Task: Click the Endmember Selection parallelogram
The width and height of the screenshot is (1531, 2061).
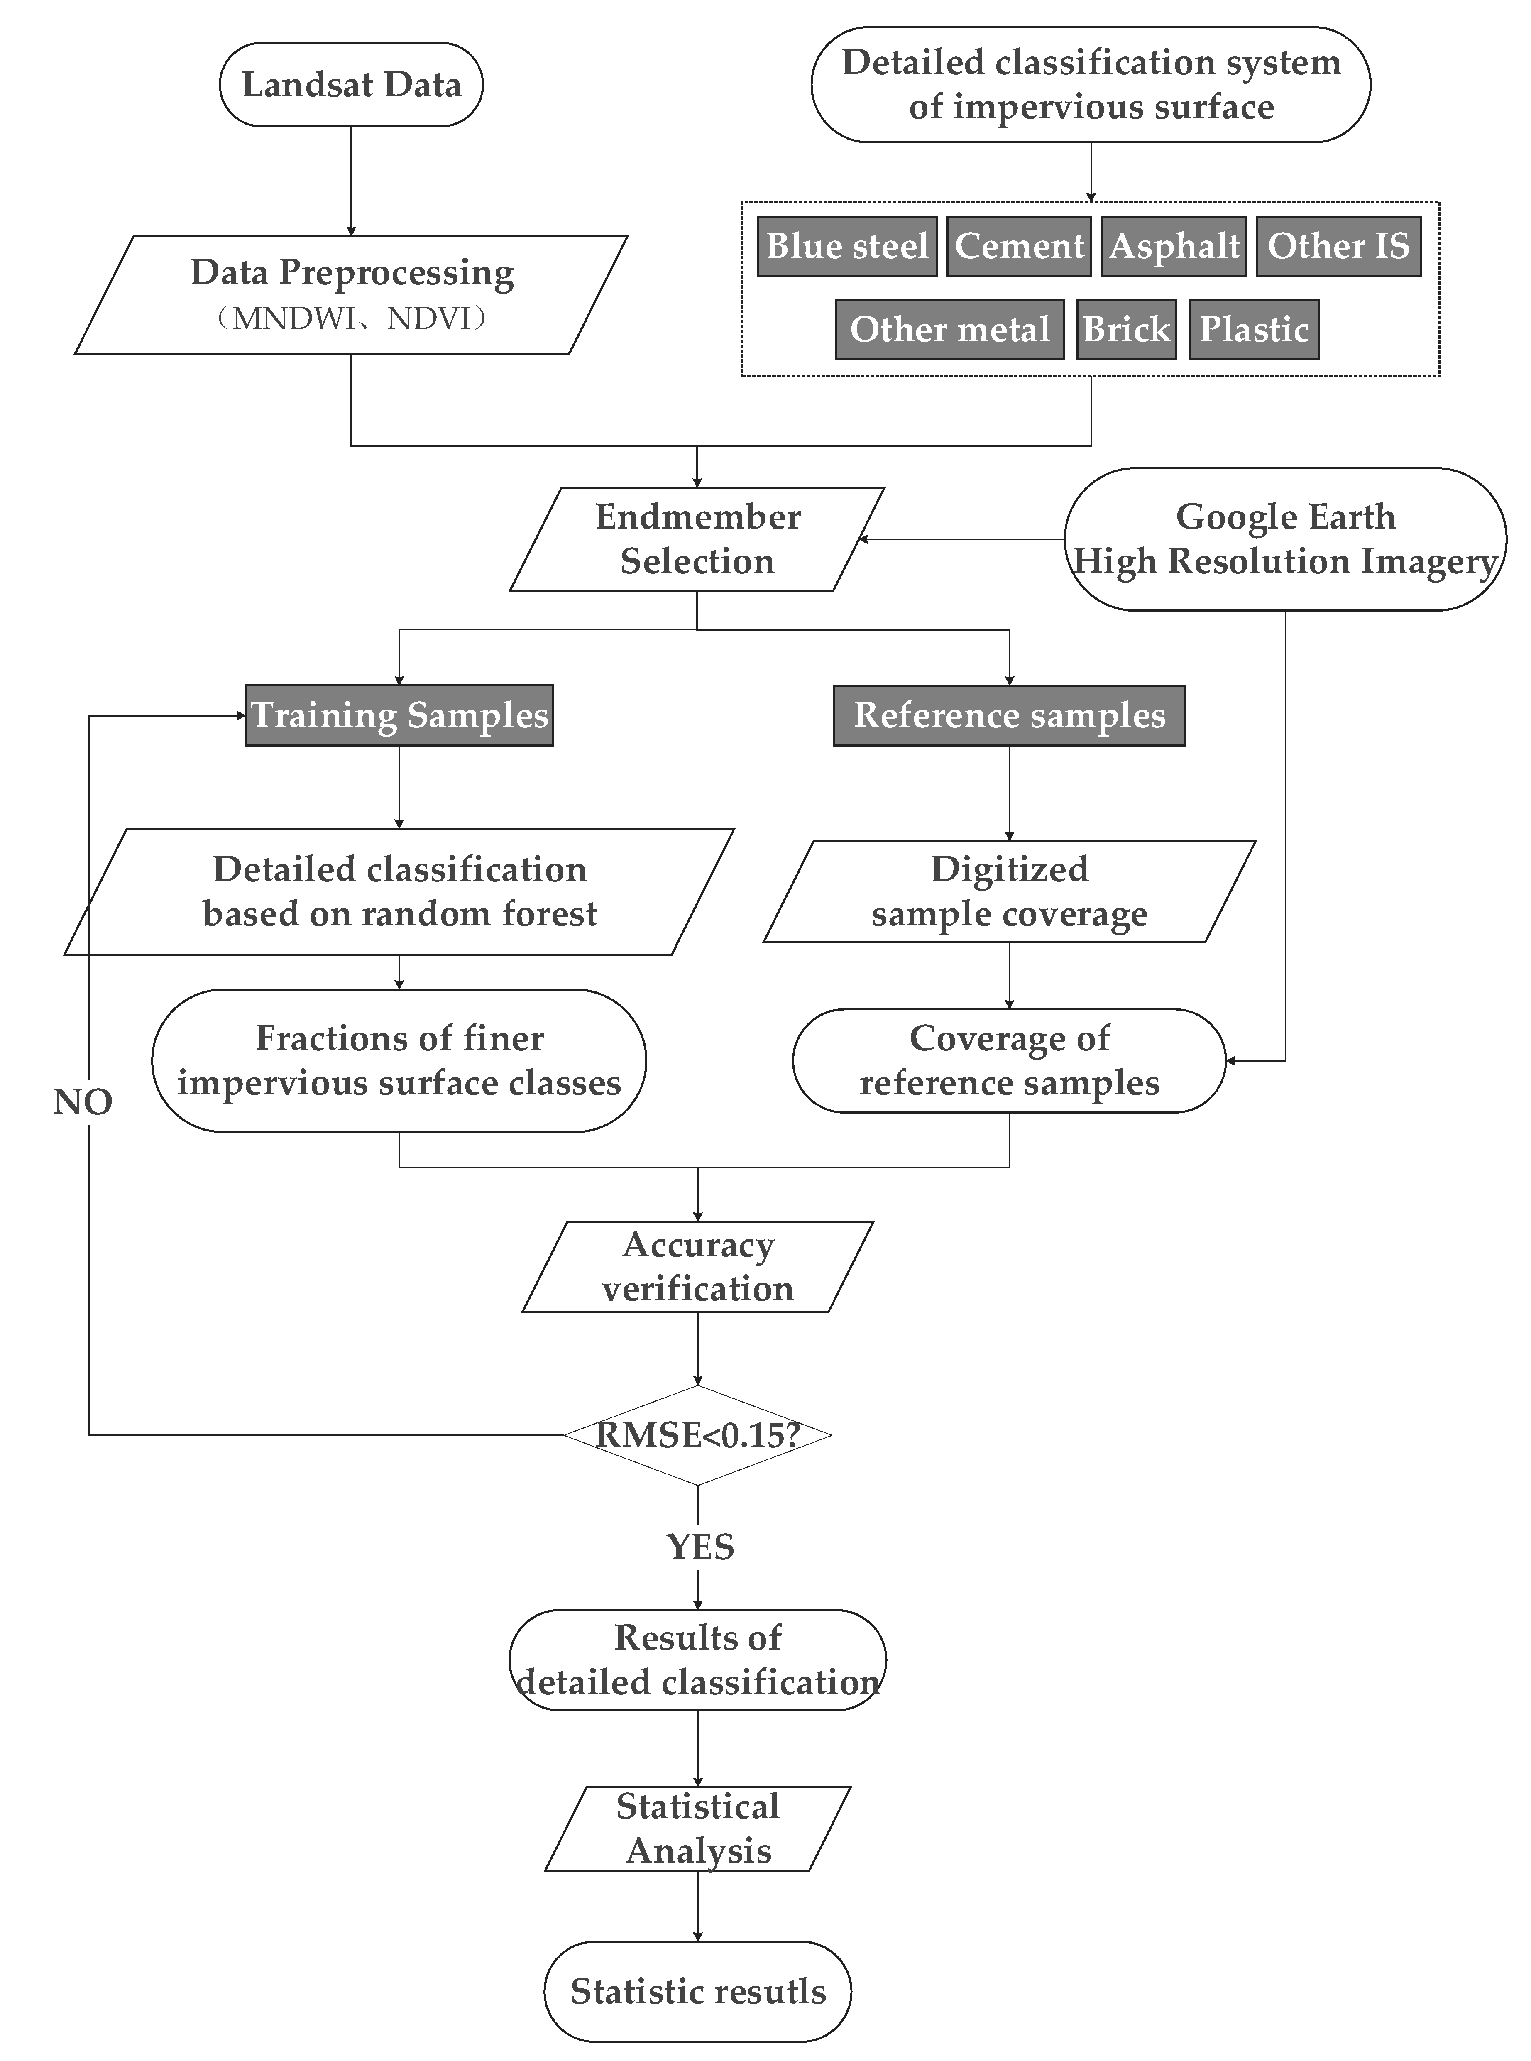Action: click(697, 539)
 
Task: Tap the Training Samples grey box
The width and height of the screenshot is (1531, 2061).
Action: click(399, 715)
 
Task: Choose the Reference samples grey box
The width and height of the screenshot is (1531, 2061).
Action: click(1009, 715)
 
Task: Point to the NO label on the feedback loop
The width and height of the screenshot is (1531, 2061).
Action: click(83, 1102)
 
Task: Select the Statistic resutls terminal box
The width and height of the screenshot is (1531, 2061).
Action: click(697, 1992)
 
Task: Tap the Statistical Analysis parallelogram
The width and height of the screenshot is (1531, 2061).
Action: click(697, 1828)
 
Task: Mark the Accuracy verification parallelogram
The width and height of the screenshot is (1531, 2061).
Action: click(697, 1267)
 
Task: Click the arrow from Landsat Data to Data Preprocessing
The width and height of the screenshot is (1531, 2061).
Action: click(351, 181)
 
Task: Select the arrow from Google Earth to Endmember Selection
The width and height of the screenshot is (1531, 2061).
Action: click(961, 539)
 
